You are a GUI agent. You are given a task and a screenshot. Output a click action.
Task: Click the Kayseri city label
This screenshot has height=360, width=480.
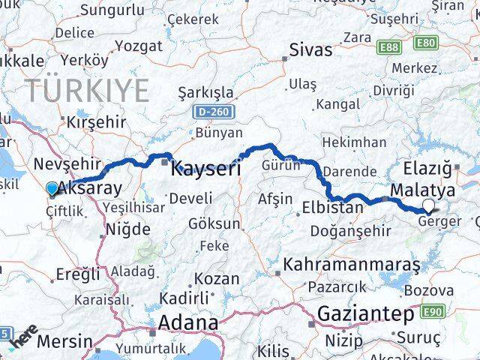[x=205, y=168]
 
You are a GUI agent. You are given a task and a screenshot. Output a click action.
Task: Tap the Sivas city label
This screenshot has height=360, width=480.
[x=312, y=51]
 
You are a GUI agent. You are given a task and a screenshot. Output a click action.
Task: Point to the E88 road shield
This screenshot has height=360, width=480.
[x=388, y=46]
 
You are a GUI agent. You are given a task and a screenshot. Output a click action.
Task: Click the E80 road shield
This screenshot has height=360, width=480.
[x=425, y=43]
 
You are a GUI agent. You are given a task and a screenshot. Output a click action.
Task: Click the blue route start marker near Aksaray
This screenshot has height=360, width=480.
[x=51, y=188]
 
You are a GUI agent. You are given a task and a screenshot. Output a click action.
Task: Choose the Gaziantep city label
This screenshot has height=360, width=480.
[x=366, y=313]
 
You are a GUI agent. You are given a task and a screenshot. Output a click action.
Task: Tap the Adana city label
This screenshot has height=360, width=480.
[x=188, y=323]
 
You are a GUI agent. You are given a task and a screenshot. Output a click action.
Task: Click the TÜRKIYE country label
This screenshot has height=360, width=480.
[x=88, y=91]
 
